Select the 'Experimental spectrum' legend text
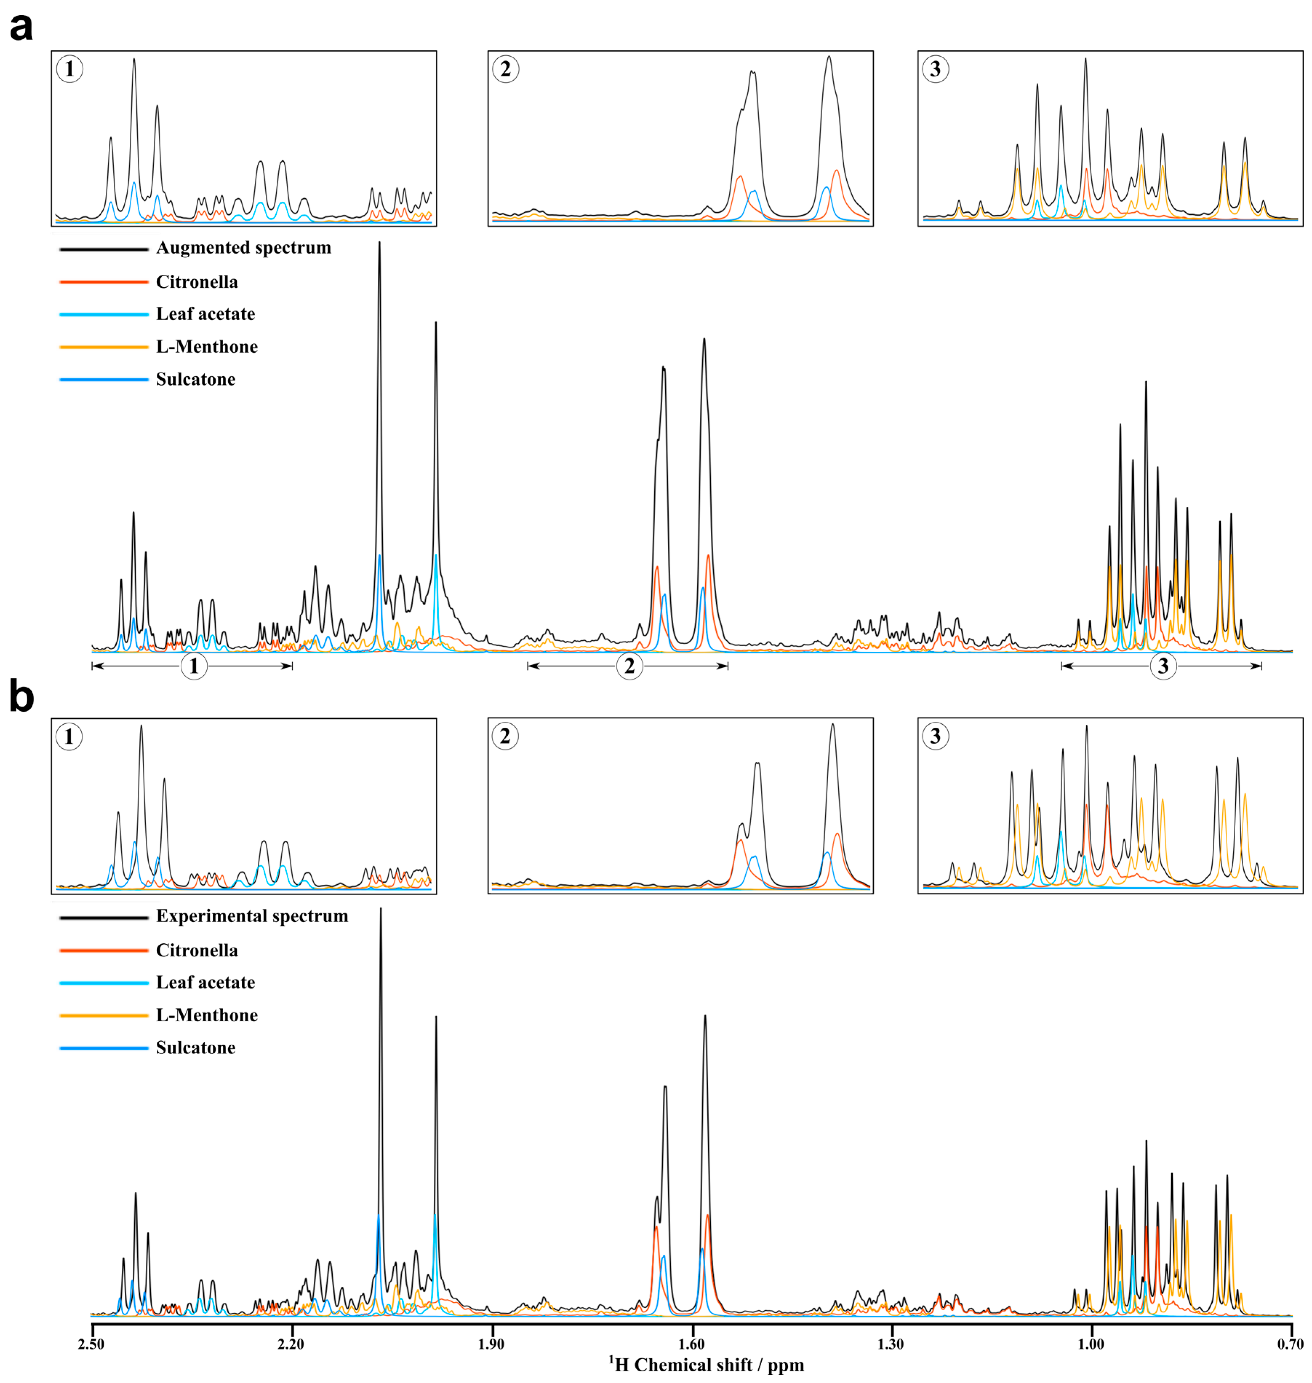click(x=252, y=916)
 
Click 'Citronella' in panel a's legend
click(x=197, y=282)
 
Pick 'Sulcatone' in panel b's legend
click(x=195, y=1048)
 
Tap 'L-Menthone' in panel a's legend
click(x=206, y=347)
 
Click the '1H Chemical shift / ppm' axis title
click(x=706, y=1364)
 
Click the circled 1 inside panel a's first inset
click(x=69, y=69)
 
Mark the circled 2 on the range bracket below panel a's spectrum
click(x=629, y=666)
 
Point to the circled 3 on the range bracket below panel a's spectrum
click(x=1163, y=666)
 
